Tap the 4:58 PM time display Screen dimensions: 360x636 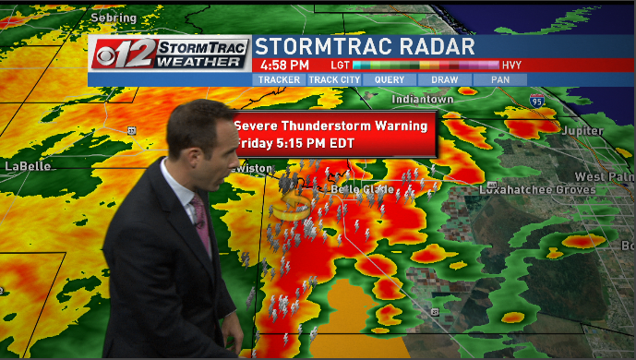(x=284, y=66)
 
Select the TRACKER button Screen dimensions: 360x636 (x=279, y=79)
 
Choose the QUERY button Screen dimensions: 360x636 (x=390, y=79)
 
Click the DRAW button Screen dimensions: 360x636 (x=445, y=79)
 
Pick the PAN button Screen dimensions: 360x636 (x=500, y=79)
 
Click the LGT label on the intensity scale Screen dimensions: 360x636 (x=339, y=66)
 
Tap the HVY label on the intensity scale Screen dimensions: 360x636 (x=512, y=66)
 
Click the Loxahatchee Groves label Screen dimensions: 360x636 (x=528, y=189)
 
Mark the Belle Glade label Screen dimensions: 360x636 (x=362, y=189)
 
